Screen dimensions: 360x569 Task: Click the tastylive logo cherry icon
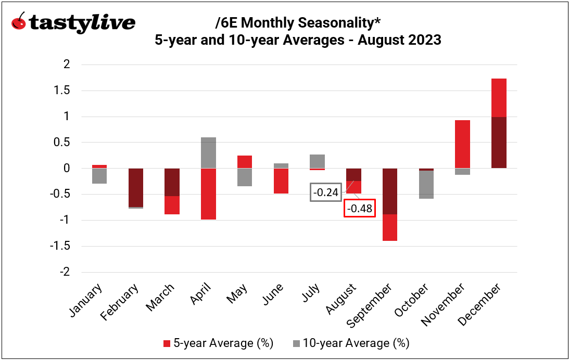19,22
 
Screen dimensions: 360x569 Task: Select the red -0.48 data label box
359,208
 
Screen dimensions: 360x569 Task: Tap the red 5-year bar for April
208,194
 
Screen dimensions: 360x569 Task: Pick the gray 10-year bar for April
208,152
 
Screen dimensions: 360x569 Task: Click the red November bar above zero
462,144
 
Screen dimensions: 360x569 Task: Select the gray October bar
426,184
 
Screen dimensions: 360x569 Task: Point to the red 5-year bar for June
281,181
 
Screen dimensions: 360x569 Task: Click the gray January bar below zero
99,176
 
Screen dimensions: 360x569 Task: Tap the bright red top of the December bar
499,97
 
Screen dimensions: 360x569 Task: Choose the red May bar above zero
245,162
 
